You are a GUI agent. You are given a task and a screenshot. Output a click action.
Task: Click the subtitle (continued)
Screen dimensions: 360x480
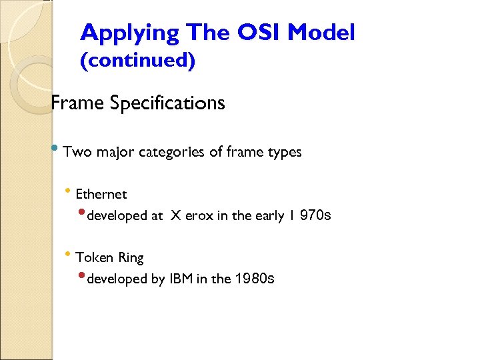(138, 61)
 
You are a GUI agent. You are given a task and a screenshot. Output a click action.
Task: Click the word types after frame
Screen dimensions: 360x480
(283, 152)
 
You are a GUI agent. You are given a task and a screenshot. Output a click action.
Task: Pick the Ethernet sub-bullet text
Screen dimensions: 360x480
(101, 195)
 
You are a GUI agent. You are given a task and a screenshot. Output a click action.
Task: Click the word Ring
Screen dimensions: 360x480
(131, 257)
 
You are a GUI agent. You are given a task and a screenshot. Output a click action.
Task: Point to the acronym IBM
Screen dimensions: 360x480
(181, 279)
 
